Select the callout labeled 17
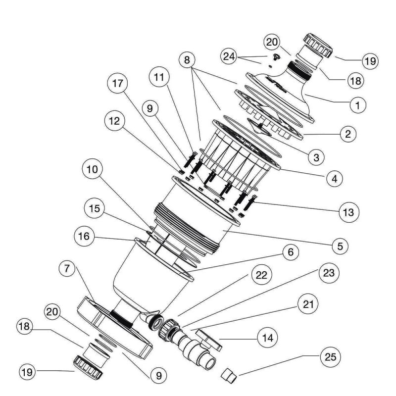click(116, 84)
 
